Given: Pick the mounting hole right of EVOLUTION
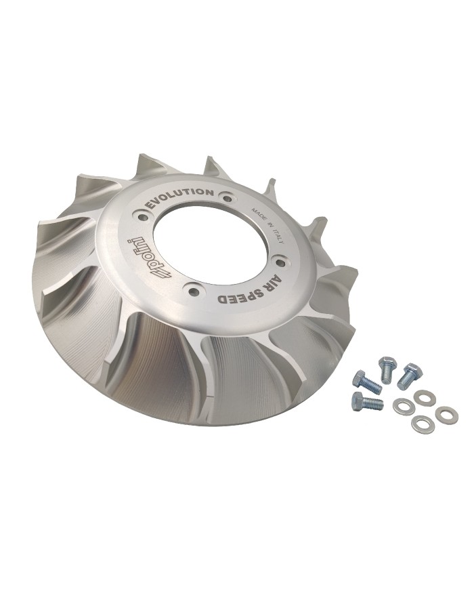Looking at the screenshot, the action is (227, 197).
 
